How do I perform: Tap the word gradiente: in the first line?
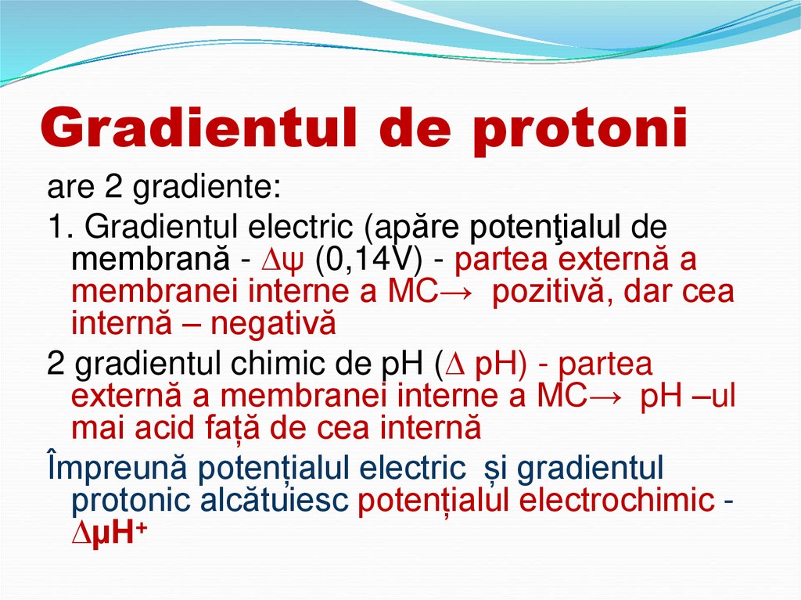[207, 188]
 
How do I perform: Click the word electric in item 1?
[300, 227]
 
